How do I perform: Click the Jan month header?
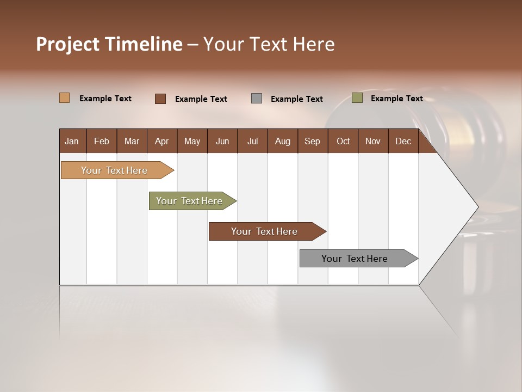point(72,141)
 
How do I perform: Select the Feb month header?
point(102,141)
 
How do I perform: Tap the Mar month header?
point(132,141)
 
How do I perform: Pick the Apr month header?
point(162,141)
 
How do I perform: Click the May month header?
point(192,141)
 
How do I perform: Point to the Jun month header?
point(222,141)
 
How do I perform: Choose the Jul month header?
point(252,141)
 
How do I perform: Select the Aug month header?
point(283,141)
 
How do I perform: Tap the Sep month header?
point(313,141)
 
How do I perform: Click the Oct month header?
point(343,141)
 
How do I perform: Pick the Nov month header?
point(373,141)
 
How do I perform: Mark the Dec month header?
point(403,141)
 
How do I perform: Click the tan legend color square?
point(65,98)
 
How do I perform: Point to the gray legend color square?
point(257,98)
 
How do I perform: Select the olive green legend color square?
point(357,98)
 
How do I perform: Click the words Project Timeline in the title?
point(109,44)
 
